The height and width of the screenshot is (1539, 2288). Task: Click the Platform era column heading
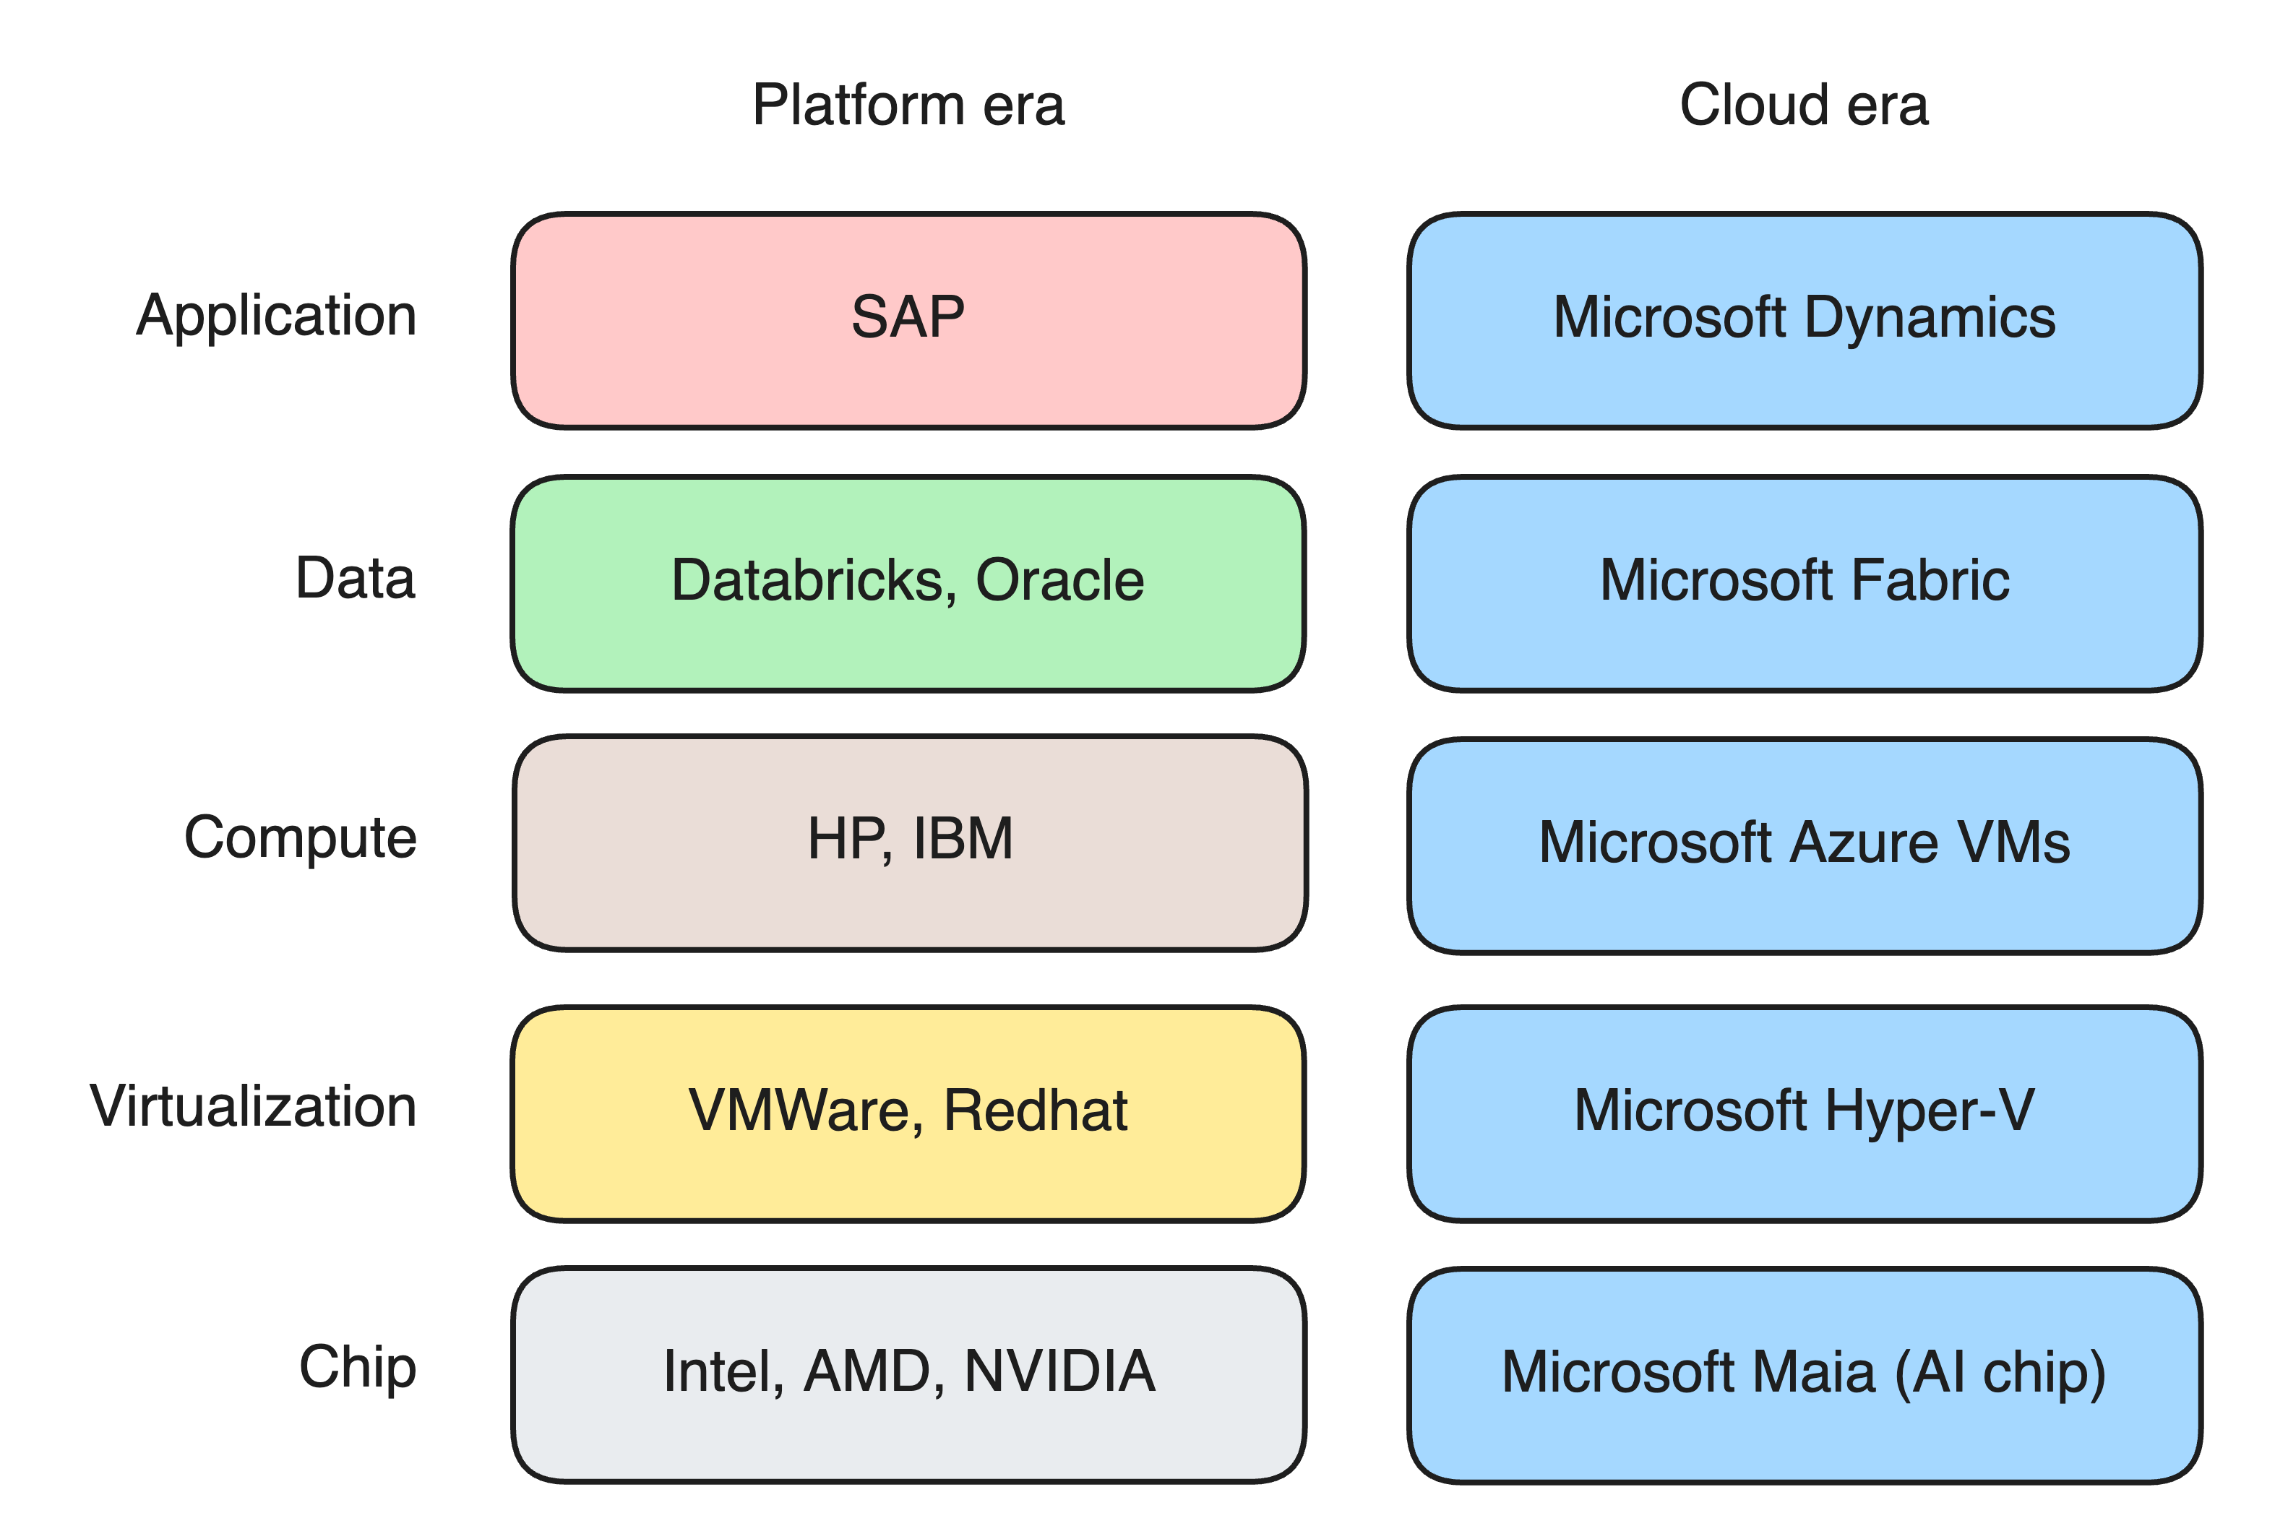pyautogui.click(x=908, y=105)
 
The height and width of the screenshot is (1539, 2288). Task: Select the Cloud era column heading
pyautogui.click(x=1804, y=105)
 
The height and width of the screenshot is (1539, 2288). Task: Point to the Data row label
pyautogui.click(x=356, y=578)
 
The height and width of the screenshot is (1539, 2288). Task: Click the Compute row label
pyautogui.click(x=301, y=839)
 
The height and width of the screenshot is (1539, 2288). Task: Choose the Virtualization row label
pyautogui.click(x=253, y=1106)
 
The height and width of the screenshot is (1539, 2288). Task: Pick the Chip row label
pyautogui.click(x=357, y=1367)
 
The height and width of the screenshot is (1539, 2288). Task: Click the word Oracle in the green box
pyautogui.click(x=1060, y=580)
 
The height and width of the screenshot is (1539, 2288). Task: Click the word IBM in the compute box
pyautogui.click(x=963, y=839)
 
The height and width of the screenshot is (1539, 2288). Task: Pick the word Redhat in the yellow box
pyautogui.click(x=1036, y=1110)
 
